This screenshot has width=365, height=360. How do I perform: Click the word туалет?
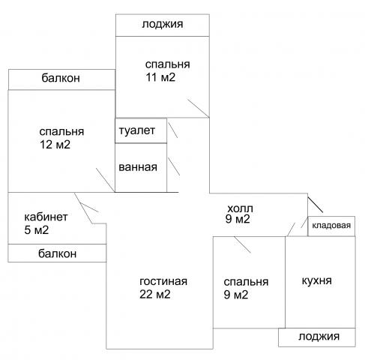(137, 130)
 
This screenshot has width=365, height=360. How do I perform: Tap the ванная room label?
(138, 167)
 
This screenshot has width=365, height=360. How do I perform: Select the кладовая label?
(331, 226)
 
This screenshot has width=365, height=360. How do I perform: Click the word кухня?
(317, 280)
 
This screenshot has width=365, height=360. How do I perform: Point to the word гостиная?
(163, 281)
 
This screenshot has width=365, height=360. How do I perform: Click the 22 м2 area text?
(155, 294)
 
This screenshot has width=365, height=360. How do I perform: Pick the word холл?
(240, 208)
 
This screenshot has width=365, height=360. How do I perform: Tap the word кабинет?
(46, 217)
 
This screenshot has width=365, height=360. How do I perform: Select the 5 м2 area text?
(37, 230)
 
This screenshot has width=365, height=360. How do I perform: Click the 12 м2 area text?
(55, 145)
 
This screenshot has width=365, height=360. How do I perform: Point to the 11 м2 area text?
(160, 77)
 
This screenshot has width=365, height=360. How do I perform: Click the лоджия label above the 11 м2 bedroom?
(163, 24)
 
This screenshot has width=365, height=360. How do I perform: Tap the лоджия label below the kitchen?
(319, 337)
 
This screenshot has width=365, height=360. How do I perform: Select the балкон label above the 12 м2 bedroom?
(61, 78)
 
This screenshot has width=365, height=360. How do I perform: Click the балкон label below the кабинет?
(58, 253)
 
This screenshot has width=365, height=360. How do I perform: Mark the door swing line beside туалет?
(173, 130)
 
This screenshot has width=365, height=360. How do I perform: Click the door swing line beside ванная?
(174, 166)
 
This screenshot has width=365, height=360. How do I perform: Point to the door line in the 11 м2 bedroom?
(199, 108)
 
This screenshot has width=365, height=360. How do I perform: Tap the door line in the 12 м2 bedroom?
(106, 180)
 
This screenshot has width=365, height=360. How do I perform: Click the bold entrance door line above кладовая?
(316, 205)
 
